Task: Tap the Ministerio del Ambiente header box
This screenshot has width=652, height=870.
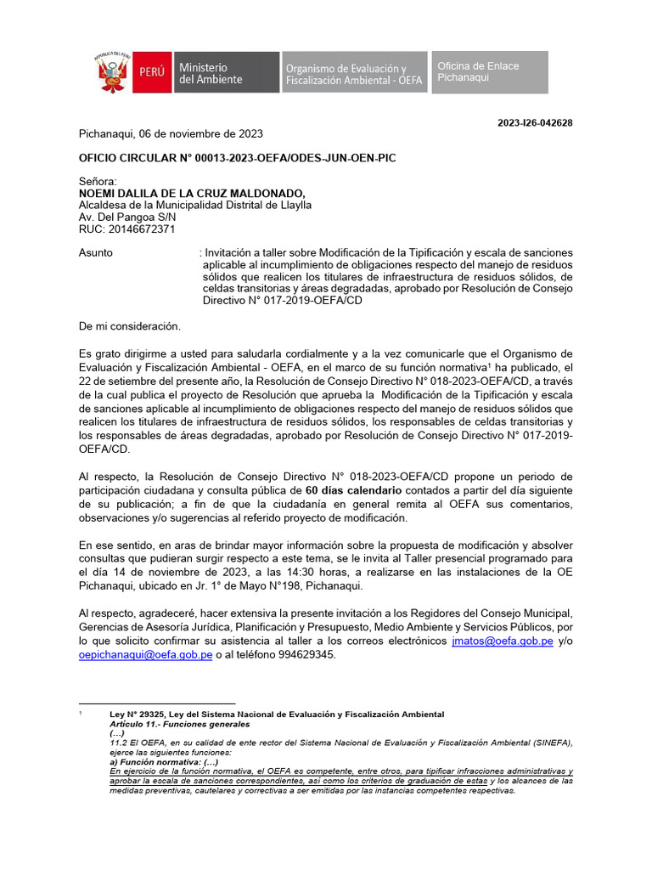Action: pyautogui.click(x=226, y=73)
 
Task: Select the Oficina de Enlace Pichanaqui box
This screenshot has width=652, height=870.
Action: pyautogui.click(x=491, y=72)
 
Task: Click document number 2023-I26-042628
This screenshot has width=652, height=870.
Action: pyautogui.click(x=535, y=123)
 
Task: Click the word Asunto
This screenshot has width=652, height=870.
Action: pyautogui.click(x=95, y=253)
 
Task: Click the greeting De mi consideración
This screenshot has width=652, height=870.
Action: pyautogui.click(x=129, y=326)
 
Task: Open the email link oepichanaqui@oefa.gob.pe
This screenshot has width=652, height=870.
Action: pyautogui.click(x=145, y=656)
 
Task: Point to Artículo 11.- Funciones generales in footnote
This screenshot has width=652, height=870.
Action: pyautogui.click(x=179, y=724)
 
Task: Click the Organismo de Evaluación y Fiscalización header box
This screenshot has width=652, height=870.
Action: pyautogui.click(x=354, y=73)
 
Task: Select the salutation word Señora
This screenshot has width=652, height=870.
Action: pyautogui.click(x=97, y=181)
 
